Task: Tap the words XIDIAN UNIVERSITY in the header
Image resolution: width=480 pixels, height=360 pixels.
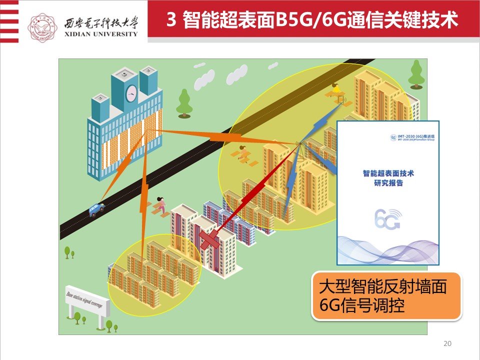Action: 100,34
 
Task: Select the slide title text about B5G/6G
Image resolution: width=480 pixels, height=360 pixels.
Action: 312,21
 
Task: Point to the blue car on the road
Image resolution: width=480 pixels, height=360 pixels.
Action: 96,209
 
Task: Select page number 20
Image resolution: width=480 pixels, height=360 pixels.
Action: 447,343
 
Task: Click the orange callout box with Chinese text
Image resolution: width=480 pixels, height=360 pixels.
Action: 386,296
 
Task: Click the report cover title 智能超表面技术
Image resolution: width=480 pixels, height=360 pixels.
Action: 388,173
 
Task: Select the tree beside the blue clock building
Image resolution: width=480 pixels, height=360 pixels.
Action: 184,102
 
